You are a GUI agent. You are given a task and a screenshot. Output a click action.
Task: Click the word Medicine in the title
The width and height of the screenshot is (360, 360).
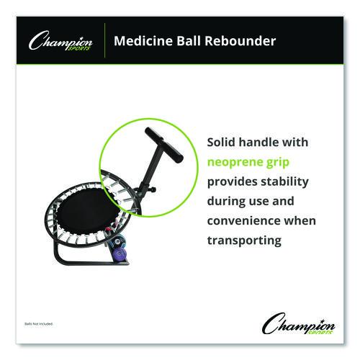(144, 41)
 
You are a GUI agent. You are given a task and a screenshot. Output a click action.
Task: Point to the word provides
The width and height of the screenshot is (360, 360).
(232, 181)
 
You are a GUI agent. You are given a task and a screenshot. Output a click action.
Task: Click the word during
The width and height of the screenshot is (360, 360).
(226, 201)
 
